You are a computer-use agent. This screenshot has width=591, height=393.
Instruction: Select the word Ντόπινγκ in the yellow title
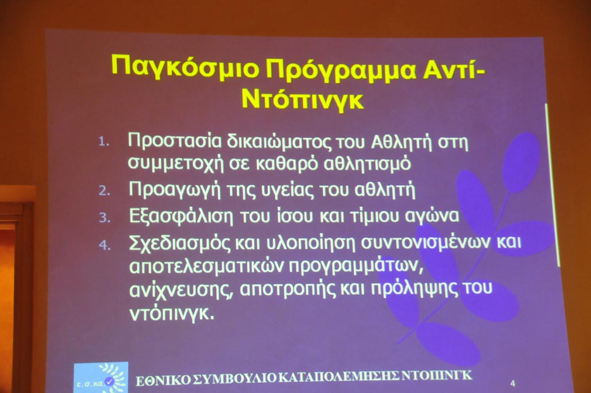(x=303, y=100)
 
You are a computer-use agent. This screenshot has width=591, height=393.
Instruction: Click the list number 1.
(x=103, y=142)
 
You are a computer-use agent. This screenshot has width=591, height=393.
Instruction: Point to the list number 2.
(x=105, y=191)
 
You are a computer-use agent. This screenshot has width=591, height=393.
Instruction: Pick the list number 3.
(x=105, y=218)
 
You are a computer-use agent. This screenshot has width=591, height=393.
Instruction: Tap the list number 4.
(x=105, y=245)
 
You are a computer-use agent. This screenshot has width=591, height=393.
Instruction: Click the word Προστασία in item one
(x=175, y=141)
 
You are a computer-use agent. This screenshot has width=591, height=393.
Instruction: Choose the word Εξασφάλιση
(x=181, y=217)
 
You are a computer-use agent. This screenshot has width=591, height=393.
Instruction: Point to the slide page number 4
(x=512, y=384)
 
